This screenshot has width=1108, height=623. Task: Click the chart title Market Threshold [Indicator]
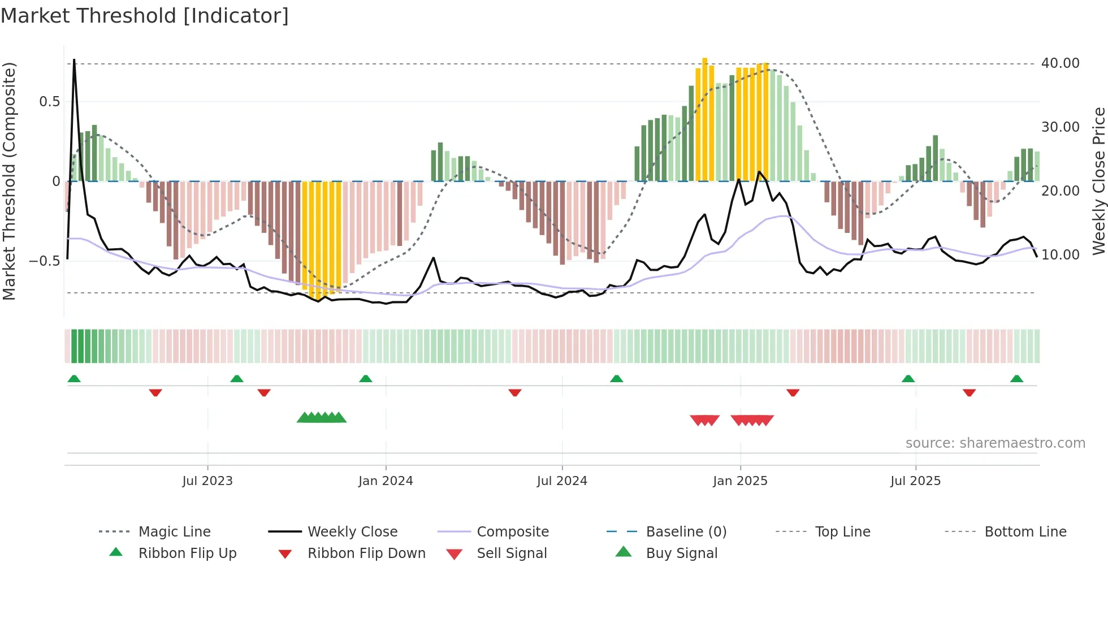[145, 16]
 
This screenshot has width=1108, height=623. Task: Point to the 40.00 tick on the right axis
[1060, 63]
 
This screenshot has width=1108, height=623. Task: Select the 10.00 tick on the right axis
[1060, 255]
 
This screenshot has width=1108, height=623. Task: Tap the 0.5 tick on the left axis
[49, 102]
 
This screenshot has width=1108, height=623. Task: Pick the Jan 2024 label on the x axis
[386, 481]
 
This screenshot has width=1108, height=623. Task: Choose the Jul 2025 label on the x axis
[915, 481]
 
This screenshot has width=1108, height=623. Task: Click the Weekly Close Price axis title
[1098, 181]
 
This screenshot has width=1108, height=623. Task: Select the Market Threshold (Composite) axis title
[9, 181]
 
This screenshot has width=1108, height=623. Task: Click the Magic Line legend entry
[174, 532]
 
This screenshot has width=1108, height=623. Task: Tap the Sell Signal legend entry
[512, 553]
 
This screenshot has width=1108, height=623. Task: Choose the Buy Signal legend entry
[681, 553]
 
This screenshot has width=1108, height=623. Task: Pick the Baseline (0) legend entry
[686, 532]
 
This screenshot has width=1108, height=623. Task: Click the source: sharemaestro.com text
[995, 443]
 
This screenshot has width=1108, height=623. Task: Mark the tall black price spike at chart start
[74, 61]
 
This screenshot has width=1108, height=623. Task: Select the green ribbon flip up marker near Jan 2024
[366, 379]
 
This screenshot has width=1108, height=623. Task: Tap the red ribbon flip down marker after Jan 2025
[793, 392]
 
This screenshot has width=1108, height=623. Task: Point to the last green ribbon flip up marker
[1016, 379]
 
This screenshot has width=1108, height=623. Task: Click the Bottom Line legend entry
[1025, 532]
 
